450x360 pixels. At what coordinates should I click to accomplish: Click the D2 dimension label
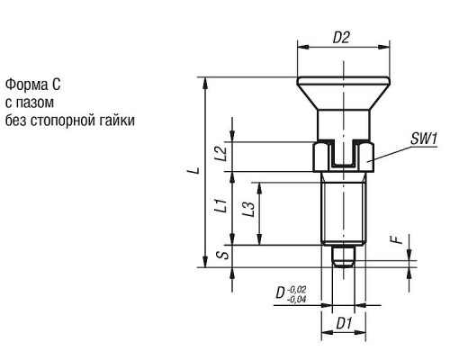341,38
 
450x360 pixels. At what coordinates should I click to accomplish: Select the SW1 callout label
424,139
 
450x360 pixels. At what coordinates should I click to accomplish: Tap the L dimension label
196,170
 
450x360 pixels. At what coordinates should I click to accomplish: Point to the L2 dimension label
222,153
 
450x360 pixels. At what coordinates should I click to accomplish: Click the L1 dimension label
221,205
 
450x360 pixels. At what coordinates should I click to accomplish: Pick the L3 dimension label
249,209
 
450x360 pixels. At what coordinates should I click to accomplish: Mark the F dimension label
398,239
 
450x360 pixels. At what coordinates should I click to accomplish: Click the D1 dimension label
344,324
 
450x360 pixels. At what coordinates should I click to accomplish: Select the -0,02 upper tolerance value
297,290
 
